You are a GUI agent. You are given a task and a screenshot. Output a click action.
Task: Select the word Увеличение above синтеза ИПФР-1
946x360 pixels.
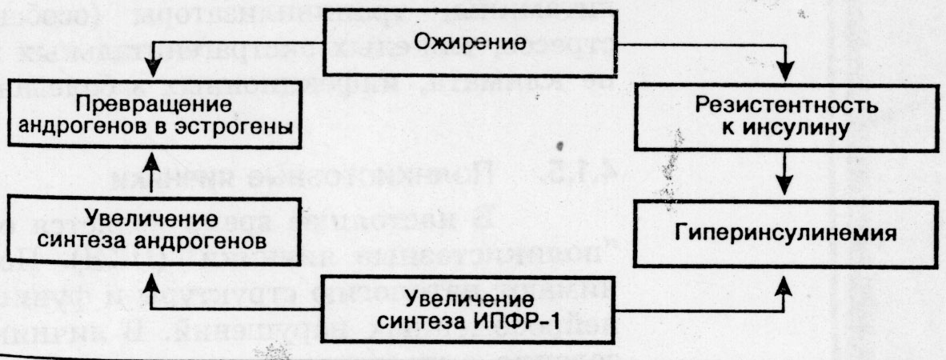click(471, 300)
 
